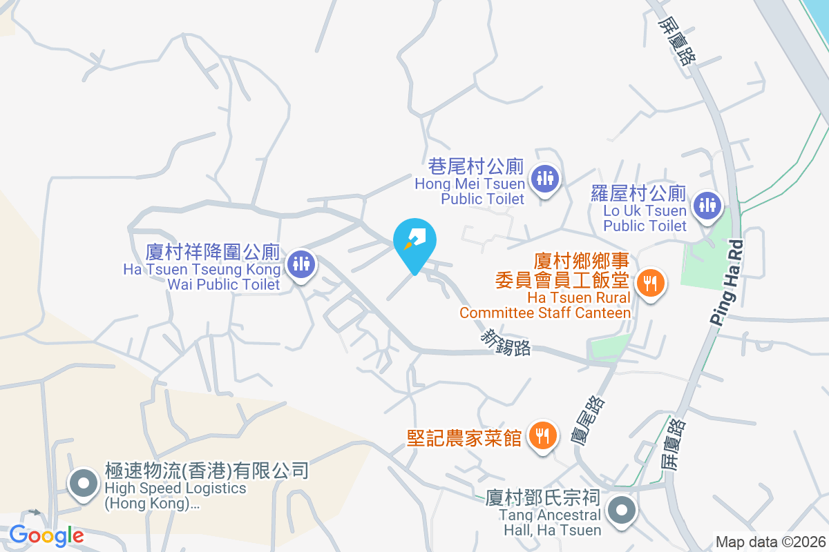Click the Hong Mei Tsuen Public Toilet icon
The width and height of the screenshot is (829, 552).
click(545, 178)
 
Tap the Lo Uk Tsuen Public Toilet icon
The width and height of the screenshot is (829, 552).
click(707, 205)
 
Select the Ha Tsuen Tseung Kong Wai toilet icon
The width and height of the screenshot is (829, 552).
click(301, 263)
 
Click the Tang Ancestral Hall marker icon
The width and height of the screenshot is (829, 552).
click(621, 511)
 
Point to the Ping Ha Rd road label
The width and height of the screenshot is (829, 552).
click(727, 282)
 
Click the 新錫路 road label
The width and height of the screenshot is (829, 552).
click(506, 342)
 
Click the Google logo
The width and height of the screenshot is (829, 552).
click(46, 535)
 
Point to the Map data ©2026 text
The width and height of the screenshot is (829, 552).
click(770, 542)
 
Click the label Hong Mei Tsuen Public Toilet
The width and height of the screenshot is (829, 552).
click(470, 191)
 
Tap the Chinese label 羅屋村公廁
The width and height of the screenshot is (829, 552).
click(638, 193)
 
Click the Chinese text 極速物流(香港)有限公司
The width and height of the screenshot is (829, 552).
click(206, 471)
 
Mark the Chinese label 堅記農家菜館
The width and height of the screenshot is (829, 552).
click(464, 437)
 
